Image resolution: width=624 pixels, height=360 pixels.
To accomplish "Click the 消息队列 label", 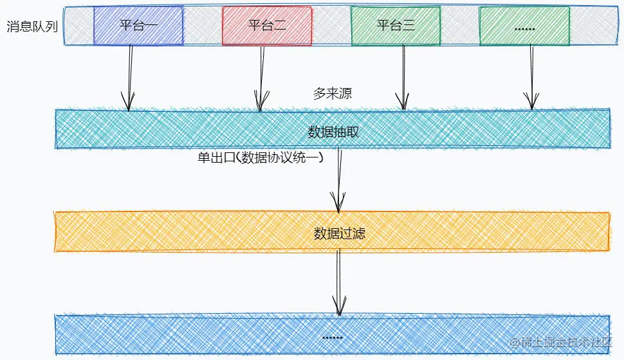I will [32, 27].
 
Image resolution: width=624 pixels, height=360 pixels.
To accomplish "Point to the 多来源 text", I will [332, 94].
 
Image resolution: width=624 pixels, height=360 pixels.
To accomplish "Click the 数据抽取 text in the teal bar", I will [333, 132].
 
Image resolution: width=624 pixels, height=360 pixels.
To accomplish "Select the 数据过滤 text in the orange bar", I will [340, 233].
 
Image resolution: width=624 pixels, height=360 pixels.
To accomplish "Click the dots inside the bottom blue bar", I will [332, 337].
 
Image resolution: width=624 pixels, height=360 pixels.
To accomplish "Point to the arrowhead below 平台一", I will [129, 104].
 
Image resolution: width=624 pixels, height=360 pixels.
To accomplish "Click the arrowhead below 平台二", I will [261, 104].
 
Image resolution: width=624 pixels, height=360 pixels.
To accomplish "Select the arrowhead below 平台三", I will [403, 103].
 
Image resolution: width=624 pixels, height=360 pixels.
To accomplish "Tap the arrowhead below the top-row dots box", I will [531, 103].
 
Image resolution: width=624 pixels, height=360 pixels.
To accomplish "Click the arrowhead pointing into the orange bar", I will [338, 204].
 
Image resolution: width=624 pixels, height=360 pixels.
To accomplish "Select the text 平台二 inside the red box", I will [267, 26].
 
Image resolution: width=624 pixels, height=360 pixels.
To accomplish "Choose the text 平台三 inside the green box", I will [396, 26].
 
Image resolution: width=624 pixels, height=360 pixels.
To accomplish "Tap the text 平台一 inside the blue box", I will [138, 26].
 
